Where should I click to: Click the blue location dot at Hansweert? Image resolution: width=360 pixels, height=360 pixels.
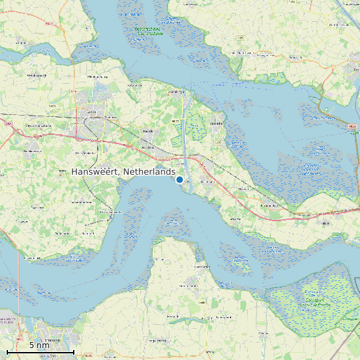pyautogui.click(x=179, y=179)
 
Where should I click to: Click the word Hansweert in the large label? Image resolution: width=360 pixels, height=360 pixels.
pyautogui.click(x=96, y=172)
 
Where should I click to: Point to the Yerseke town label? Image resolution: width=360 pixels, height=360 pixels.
pyautogui.click(x=217, y=124)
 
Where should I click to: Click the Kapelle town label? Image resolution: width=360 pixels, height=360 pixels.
pyautogui.click(x=148, y=131)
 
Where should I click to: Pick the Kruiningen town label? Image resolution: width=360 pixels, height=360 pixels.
pyautogui.click(x=209, y=181)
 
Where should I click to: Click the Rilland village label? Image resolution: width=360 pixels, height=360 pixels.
pyautogui.click(x=325, y=224)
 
